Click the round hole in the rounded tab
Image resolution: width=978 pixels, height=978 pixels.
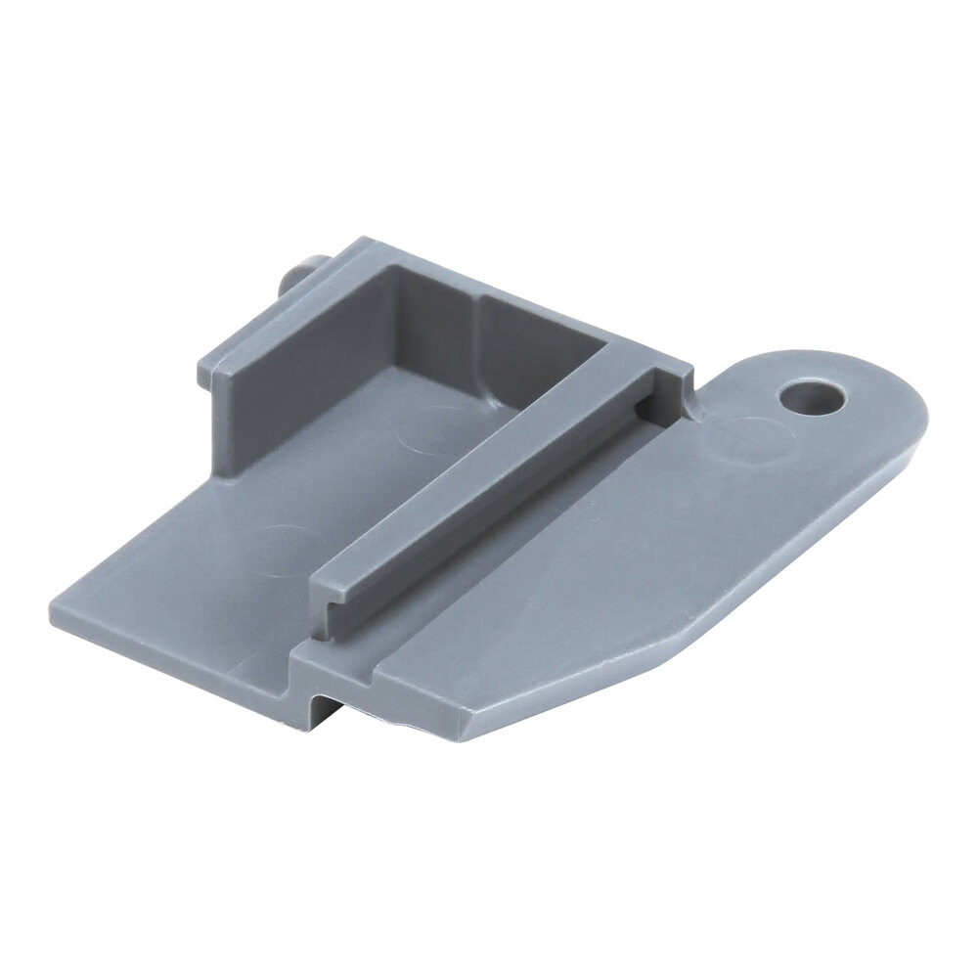click(x=811, y=397)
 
